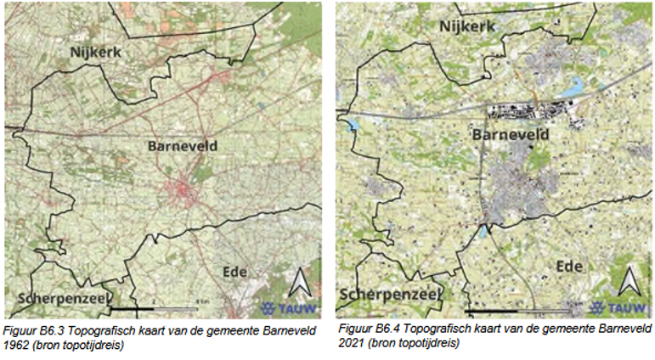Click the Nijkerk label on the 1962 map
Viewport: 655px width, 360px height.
pyautogui.click(x=96, y=53)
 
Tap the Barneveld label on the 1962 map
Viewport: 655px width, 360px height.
pyautogui.click(x=182, y=146)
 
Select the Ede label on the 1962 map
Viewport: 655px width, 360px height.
pyautogui.click(x=234, y=272)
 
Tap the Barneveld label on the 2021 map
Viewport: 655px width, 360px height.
pyautogui.click(x=510, y=135)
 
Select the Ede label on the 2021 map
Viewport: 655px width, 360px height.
pyautogui.click(x=569, y=267)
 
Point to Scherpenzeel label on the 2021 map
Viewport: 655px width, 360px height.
pyautogui.click(x=390, y=294)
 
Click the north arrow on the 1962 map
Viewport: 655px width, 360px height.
pyautogui.click(x=300, y=282)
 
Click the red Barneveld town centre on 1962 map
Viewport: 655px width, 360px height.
pyautogui.click(x=183, y=191)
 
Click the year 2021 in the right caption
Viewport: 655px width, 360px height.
pyautogui.click(x=352, y=343)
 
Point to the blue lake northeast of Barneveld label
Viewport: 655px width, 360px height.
pyautogui.click(x=577, y=85)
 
